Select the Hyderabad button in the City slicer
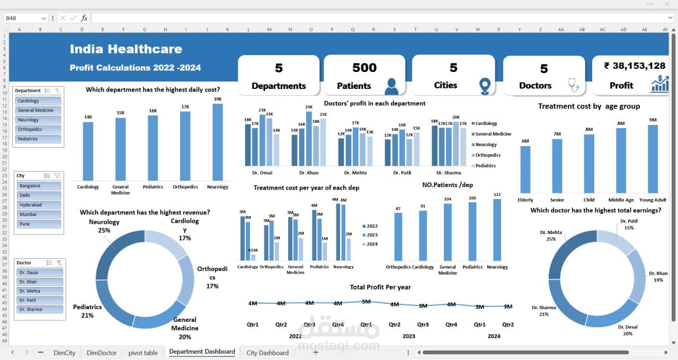point(38,205)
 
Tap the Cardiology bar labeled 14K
point(88,151)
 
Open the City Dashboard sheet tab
point(267,353)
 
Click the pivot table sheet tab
point(143,353)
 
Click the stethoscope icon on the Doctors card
point(573,84)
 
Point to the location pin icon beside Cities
point(485,86)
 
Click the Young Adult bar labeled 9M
point(653,158)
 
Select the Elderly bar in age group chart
point(525,169)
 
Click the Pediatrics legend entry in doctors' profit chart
point(485,166)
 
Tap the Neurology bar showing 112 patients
point(497,230)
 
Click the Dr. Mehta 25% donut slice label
point(551,236)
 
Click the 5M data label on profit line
point(366,301)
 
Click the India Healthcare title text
point(126,49)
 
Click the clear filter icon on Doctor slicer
point(59,263)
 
